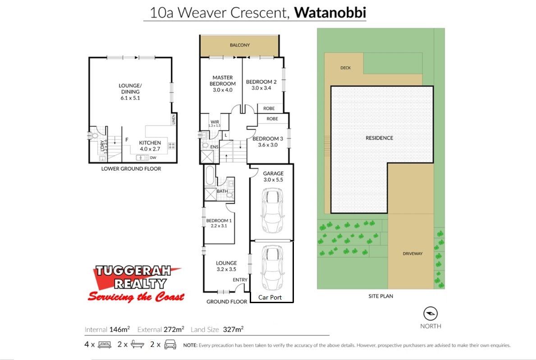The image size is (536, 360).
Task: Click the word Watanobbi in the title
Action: click(330, 12)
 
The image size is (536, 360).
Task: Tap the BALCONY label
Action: click(240, 45)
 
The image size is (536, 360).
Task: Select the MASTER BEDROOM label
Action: click(223, 81)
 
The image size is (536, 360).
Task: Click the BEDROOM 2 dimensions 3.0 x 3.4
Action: click(261, 88)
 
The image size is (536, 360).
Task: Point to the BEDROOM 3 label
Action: click(268, 138)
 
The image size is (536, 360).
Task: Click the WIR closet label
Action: click(215, 122)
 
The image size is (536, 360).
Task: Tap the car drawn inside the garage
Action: click(272, 210)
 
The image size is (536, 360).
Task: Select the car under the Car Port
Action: click(272, 268)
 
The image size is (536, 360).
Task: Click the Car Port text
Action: click(270, 297)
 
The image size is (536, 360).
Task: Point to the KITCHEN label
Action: click(150, 143)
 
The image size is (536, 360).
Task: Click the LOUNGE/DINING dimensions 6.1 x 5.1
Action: click(130, 98)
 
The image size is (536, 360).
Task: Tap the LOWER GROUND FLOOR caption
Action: click(131, 169)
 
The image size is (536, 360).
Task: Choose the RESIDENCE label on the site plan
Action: click(380, 138)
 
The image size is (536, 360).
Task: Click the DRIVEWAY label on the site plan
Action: click(412, 254)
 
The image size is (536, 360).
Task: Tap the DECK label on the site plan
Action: click(346, 68)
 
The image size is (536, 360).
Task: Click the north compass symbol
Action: click(431, 314)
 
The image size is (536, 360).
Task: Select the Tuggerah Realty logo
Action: click(136, 283)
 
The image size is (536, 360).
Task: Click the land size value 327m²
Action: click(233, 329)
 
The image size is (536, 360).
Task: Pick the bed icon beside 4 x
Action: click(105, 345)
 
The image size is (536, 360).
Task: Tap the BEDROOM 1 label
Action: click(219, 221)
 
